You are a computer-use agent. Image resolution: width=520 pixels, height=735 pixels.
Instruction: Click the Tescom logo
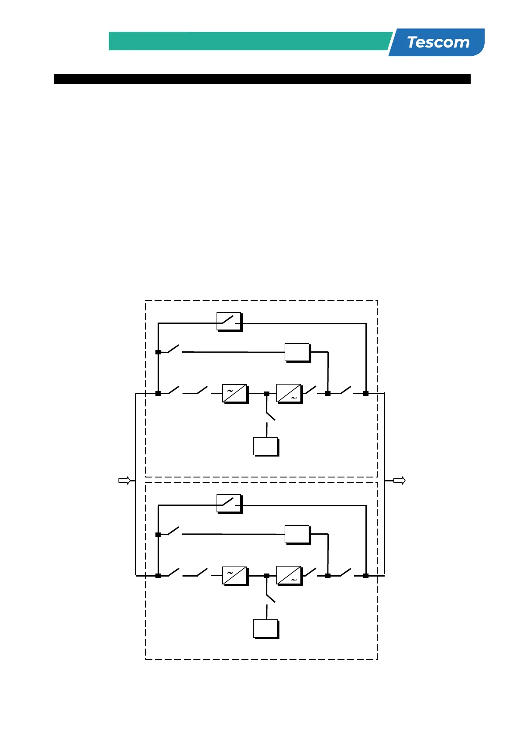[x=438, y=42]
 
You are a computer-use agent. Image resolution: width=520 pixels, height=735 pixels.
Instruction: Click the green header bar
[x=249, y=41]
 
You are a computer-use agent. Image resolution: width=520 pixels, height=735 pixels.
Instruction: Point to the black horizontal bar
[x=262, y=79]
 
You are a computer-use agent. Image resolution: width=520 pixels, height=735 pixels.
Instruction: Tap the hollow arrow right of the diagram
[x=399, y=481]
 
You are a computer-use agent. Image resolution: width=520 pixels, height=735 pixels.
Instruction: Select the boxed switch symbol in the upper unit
[x=229, y=322]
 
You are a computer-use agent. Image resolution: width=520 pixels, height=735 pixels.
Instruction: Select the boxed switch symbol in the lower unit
[x=229, y=504]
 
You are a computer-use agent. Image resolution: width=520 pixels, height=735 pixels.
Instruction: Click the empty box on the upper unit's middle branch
[x=297, y=352]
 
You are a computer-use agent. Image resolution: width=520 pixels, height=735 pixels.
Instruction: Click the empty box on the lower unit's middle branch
[x=297, y=534]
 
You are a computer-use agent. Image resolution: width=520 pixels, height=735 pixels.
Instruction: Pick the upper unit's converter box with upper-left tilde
[x=235, y=393]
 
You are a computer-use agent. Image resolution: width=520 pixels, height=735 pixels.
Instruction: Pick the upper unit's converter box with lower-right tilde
[x=289, y=393]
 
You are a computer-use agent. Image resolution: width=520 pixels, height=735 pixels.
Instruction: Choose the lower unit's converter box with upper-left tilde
[x=235, y=576]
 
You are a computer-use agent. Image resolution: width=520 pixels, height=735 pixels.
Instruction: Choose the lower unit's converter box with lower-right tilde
[x=289, y=576]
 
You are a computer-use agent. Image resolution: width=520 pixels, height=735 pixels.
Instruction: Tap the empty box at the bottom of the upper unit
[x=265, y=446]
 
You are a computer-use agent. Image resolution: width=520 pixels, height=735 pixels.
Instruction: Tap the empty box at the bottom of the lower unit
[x=265, y=629]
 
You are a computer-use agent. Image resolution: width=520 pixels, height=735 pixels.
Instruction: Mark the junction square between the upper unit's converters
[x=267, y=394]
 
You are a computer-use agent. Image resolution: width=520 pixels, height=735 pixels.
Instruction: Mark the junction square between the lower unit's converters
[x=267, y=576]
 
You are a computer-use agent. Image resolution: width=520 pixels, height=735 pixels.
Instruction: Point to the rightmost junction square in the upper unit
[x=366, y=393]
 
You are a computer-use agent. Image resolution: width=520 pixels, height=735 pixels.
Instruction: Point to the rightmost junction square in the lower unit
[x=366, y=576]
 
